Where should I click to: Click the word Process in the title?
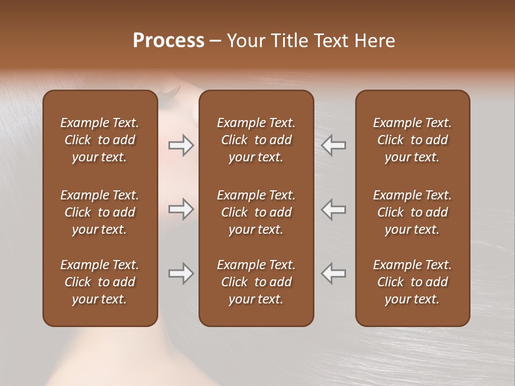168,41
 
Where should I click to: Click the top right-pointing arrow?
181,145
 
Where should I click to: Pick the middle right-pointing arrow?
181,209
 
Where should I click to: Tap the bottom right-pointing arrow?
181,273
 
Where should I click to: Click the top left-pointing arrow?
334,145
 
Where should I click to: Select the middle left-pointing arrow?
334,209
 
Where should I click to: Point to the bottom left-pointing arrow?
334,273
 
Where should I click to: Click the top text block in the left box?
100,140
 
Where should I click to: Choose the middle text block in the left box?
100,212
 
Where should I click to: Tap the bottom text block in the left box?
100,282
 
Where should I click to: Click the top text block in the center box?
256,140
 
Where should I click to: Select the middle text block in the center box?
256,212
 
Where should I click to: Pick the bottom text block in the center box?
256,282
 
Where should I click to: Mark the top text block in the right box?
412,140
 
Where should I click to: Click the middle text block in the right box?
412,212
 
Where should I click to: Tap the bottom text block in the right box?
412,282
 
